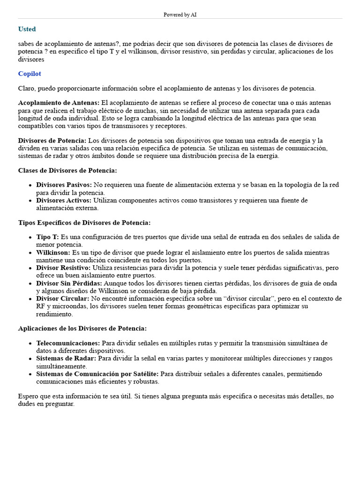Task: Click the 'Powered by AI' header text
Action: click(180, 15)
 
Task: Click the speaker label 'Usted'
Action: click(27, 29)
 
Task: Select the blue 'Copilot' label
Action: click(30, 74)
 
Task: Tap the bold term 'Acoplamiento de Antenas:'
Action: click(59, 103)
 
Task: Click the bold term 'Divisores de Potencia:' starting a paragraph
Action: click(52, 141)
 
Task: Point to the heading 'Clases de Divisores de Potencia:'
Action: click(67, 170)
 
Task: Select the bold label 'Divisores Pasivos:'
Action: click(64, 185)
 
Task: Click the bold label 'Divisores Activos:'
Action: click(64, 200)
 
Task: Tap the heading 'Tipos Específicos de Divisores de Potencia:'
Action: click(84, 223)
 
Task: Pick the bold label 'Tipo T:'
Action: click(47, 237)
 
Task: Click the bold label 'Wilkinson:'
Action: click(53, 253)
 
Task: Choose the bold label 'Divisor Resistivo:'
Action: click(63, 268)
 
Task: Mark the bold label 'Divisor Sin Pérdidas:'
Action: click(69, 283)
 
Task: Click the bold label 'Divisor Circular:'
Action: click(62, 299)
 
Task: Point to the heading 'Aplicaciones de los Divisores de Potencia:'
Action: click(82, 328)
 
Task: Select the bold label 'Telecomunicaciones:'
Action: click(68, 343)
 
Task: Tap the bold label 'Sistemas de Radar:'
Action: click(66, 359)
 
